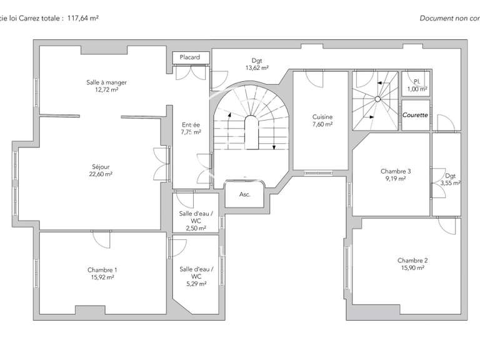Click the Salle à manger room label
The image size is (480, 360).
(x=102, y=86)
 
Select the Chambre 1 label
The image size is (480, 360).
(x=102, y=273)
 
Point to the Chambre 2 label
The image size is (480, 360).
(x=412, y=264)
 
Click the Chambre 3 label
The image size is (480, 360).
(x=396, y=174)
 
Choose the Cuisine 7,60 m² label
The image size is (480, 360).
(x=322, y=120)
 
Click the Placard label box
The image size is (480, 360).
(x=189, y=57)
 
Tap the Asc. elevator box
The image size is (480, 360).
(x=245, y=194)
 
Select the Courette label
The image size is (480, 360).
(x=415, y=115)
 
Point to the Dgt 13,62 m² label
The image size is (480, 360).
(x=256, y=64)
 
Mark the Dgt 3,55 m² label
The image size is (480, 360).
(x=450, y=179)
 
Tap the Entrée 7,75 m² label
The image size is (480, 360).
(x=191, y=128)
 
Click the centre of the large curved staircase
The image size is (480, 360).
(x=250, y=131)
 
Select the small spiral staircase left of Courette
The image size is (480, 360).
(x=375, y=100)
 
